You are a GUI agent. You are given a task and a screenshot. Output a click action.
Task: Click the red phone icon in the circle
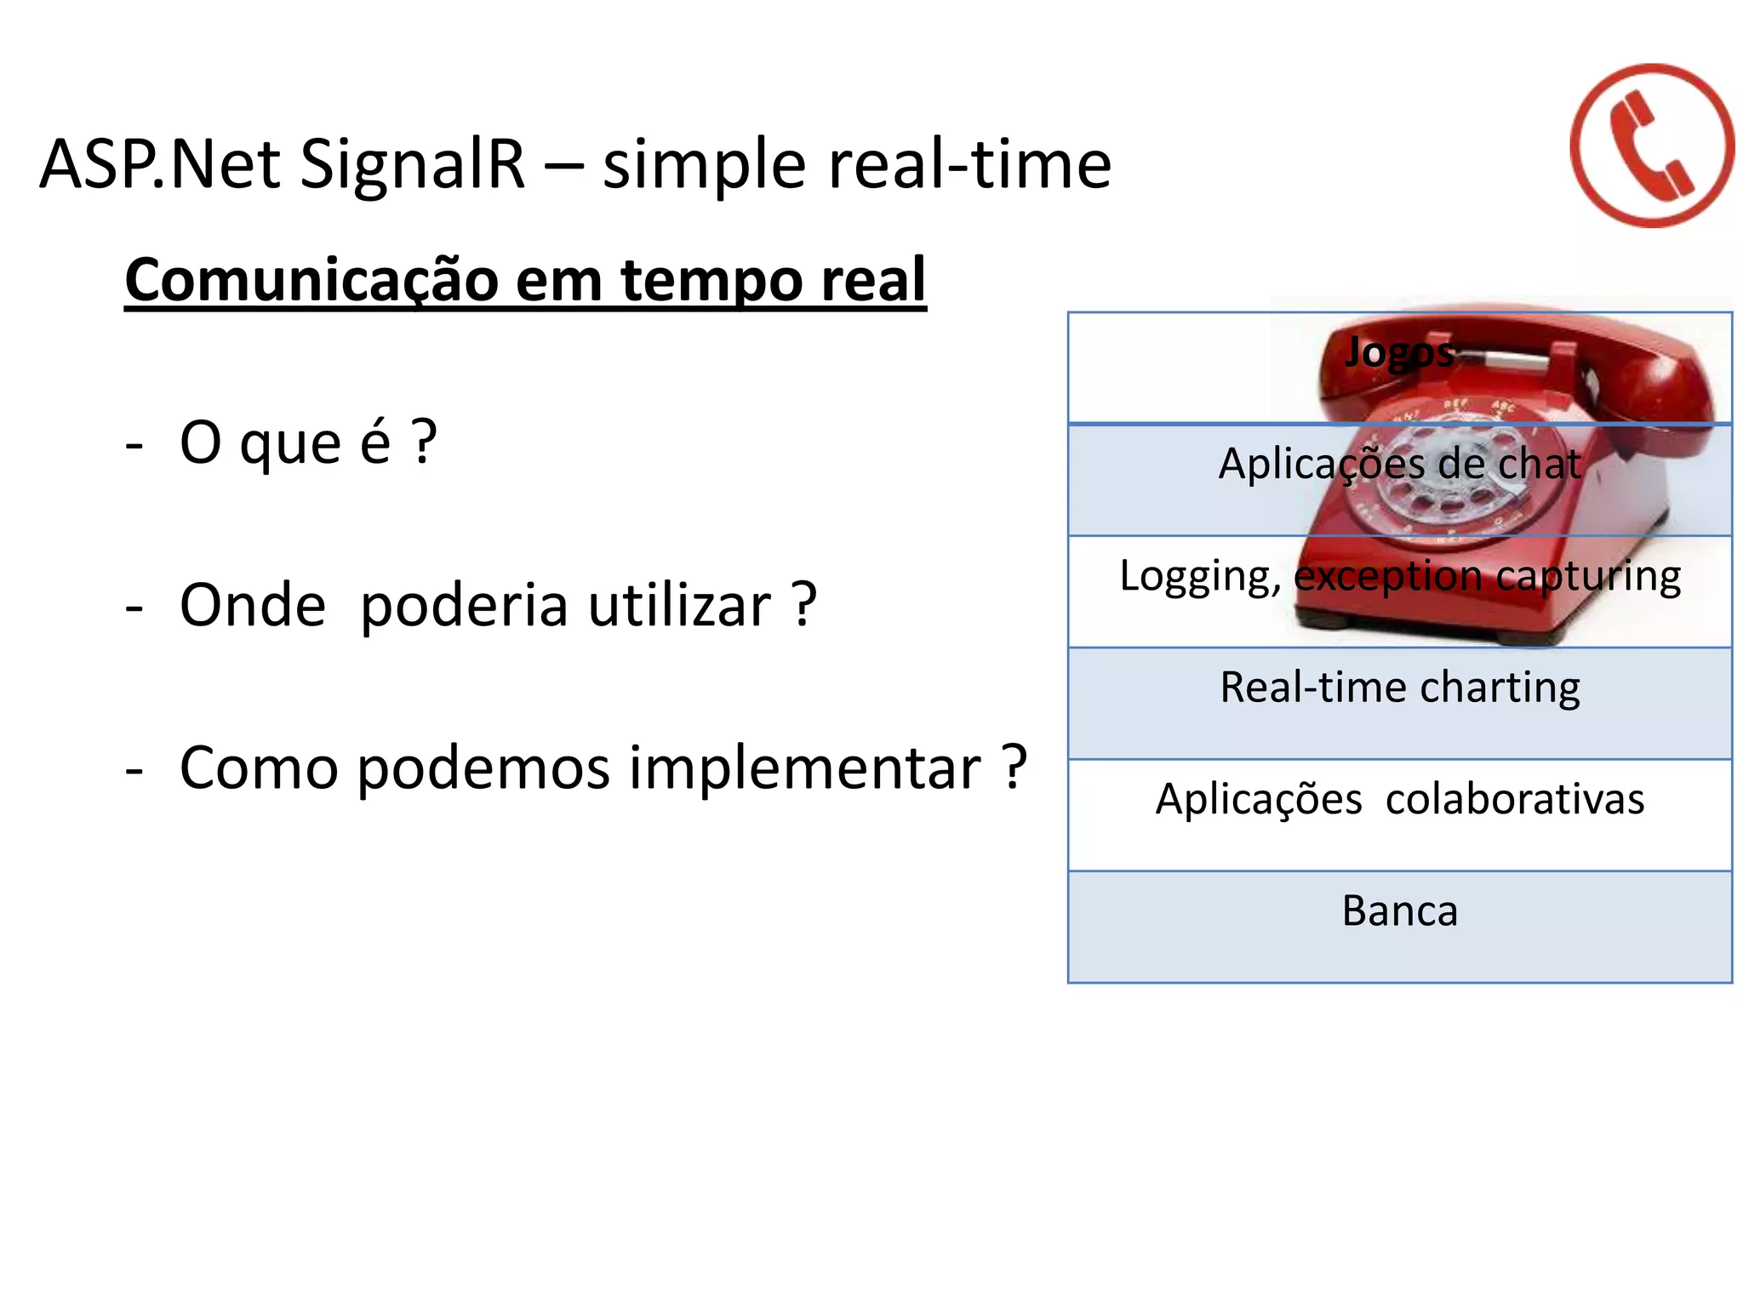pos(1651,146)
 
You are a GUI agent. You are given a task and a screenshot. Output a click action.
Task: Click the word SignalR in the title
pos(413,163)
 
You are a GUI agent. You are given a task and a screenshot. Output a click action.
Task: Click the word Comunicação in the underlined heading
pos(311,280)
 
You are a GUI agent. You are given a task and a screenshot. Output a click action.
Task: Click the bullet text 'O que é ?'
pos(308,442)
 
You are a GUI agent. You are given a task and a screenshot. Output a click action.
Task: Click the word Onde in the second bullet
pos(253,605)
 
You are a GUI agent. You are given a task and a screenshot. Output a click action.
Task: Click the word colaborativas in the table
pos(1515,799)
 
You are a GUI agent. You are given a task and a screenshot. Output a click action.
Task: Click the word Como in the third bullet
pos(260,768)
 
